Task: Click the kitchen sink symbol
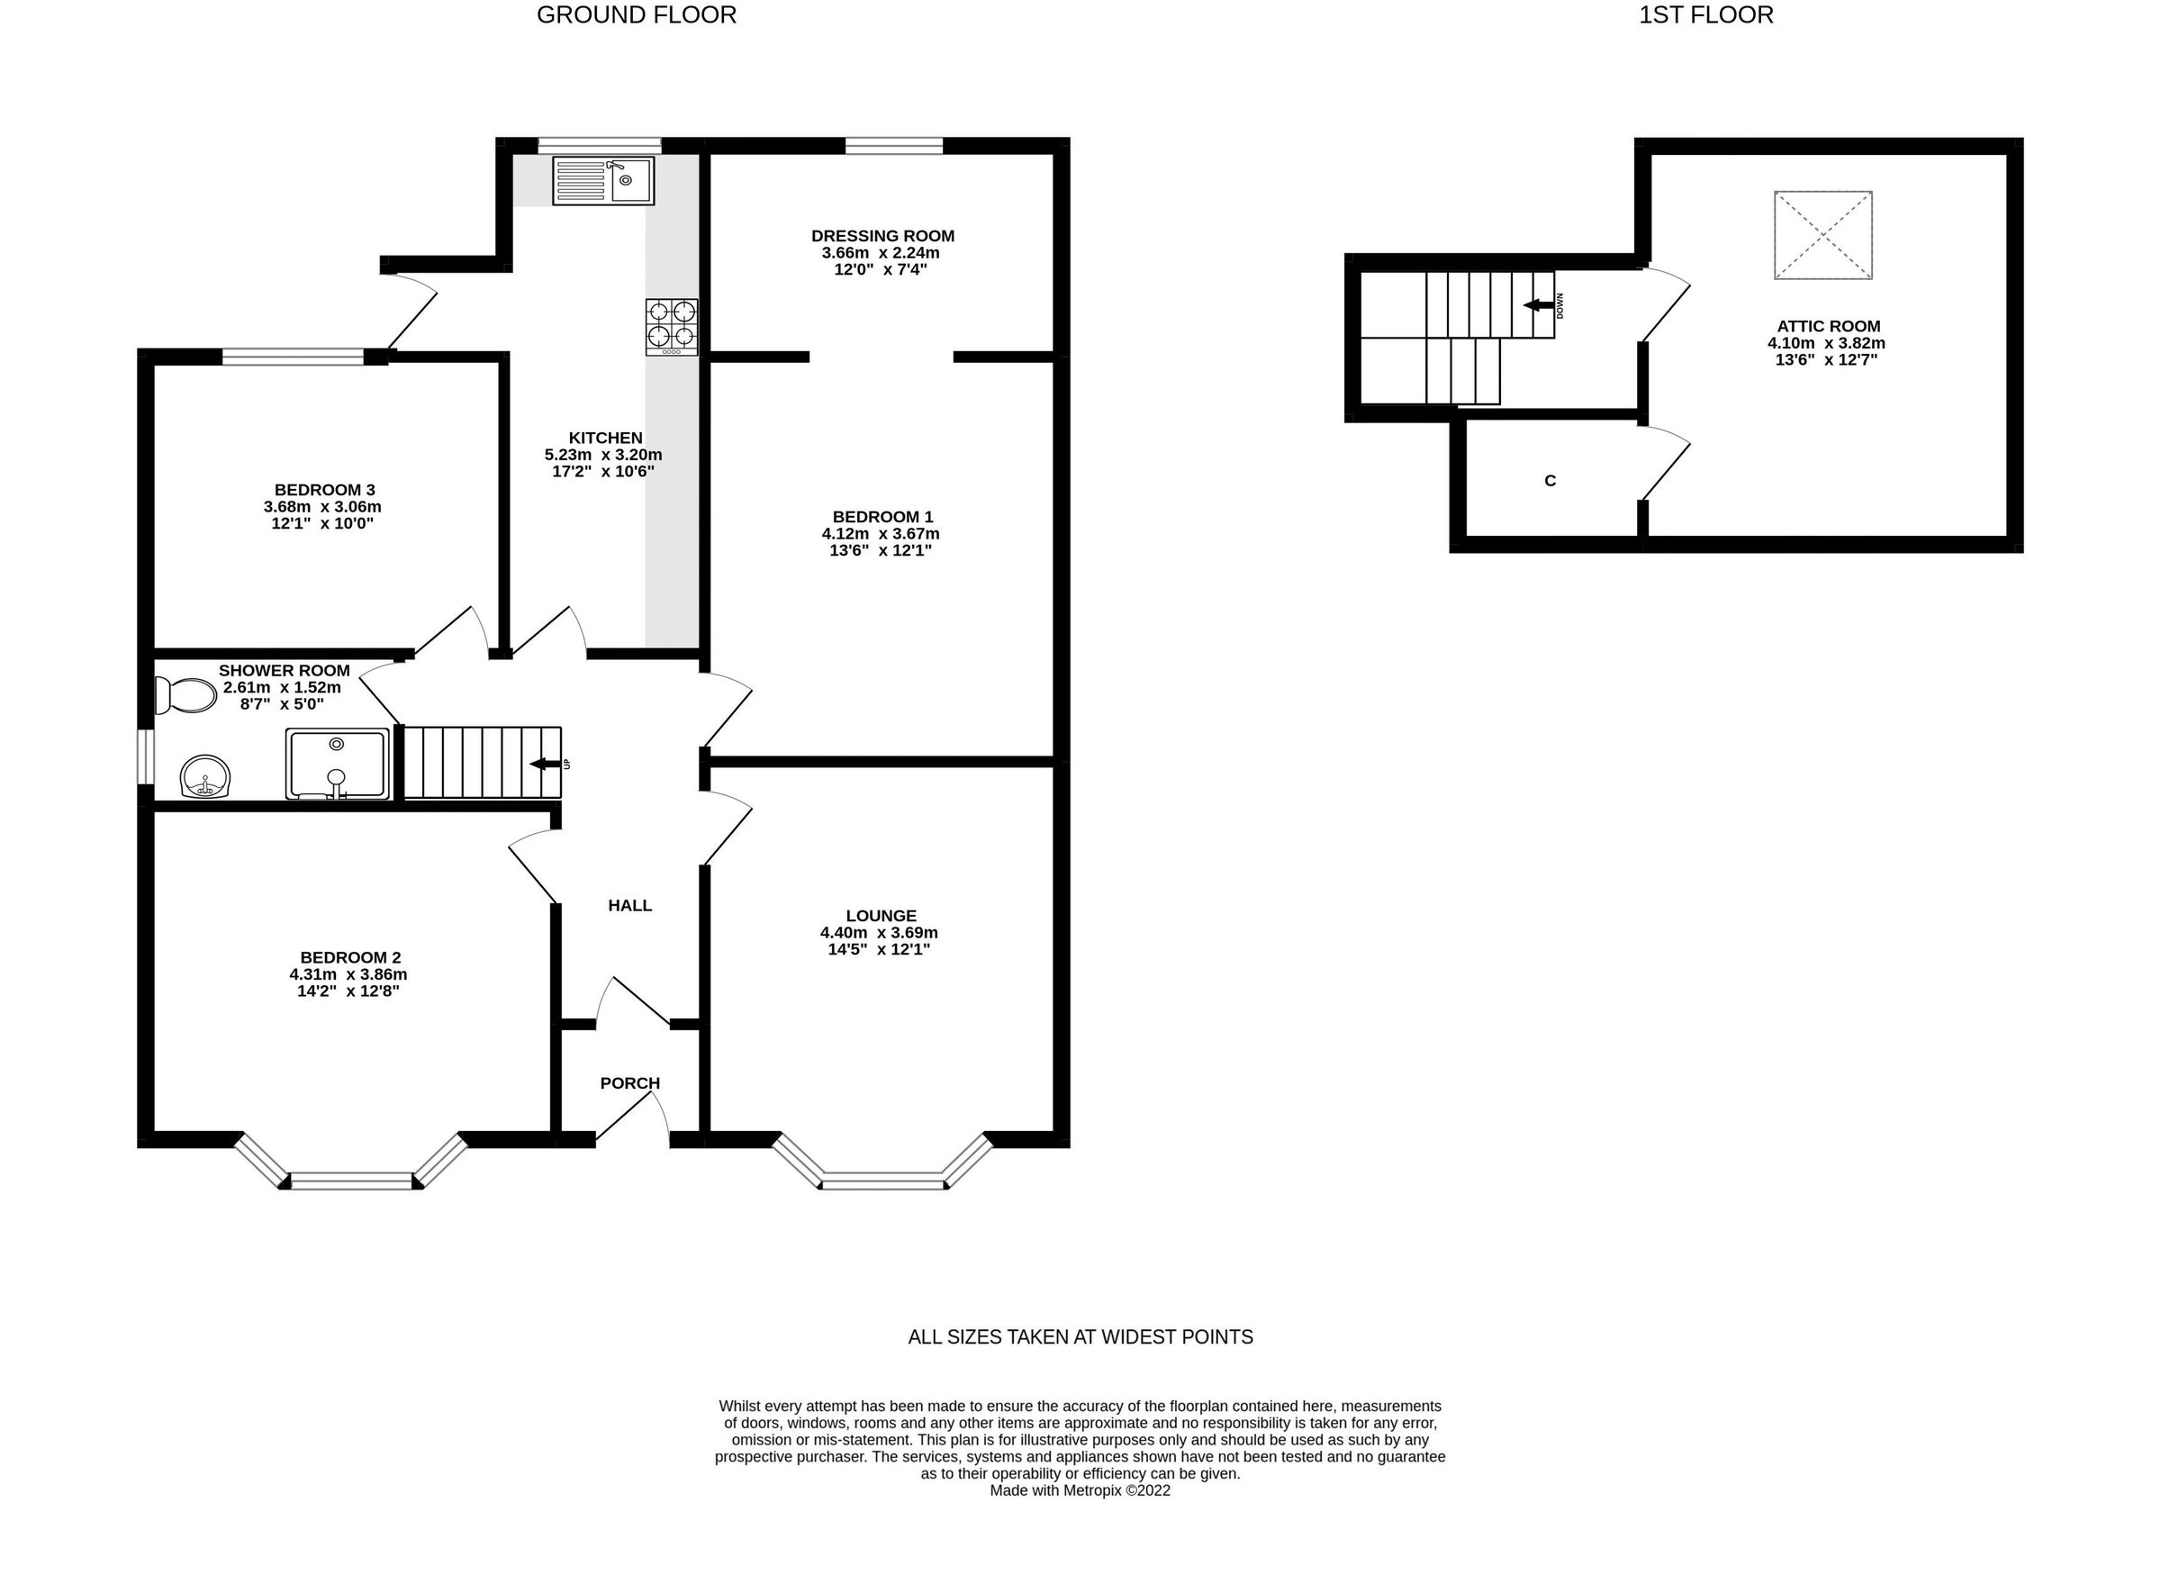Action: click(x=602, y=180)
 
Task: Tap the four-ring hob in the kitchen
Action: click(x=671, y=326)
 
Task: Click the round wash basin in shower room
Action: click(x=205, y=776)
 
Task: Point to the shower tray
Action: click(x=337, y=763)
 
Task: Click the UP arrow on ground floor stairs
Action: click(x=546, y=764)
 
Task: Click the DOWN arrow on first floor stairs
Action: click(x=1538, y=305)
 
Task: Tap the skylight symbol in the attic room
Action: click(x=1822, y=234)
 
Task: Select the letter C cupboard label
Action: click(x=1549, y=481)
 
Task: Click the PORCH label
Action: click(x=629, y=1083)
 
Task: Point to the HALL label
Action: click(x=629, y=906)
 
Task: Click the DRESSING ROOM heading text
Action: click(x=882, y=236)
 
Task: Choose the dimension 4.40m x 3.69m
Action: click(x=878, y=932)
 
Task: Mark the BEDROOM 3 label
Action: click(x=324, y=490)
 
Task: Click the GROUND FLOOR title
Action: click(x=636, y=15)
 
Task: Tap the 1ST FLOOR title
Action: click(x=1705, y=15)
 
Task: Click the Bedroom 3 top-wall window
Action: click(x=293, y=357)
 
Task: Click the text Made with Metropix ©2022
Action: click(x=1079, y=1490)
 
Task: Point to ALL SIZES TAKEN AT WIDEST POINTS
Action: click(x=1079, y=1336)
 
